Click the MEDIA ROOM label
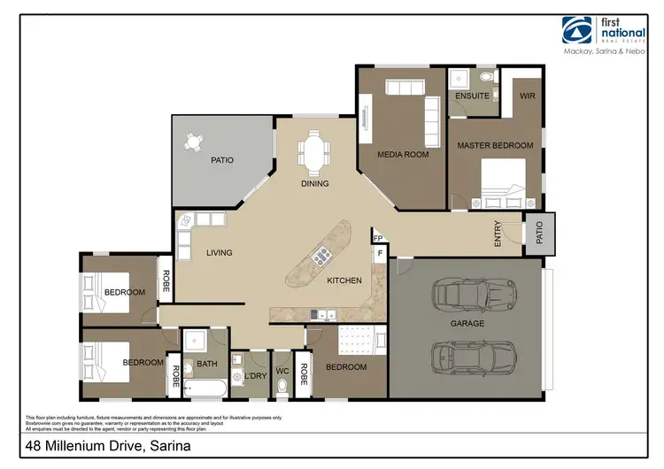click(403, 154)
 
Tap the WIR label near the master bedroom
click(528, 96)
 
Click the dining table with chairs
click(314, 153)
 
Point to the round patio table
click(193, 141)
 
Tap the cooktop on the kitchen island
click(321, 257)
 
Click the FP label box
click(377, 238)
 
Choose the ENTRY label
click(498, 233)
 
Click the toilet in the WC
click(282, 385)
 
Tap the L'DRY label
click(255, 376)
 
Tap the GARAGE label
click(467, 324)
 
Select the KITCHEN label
click(344, 281)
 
